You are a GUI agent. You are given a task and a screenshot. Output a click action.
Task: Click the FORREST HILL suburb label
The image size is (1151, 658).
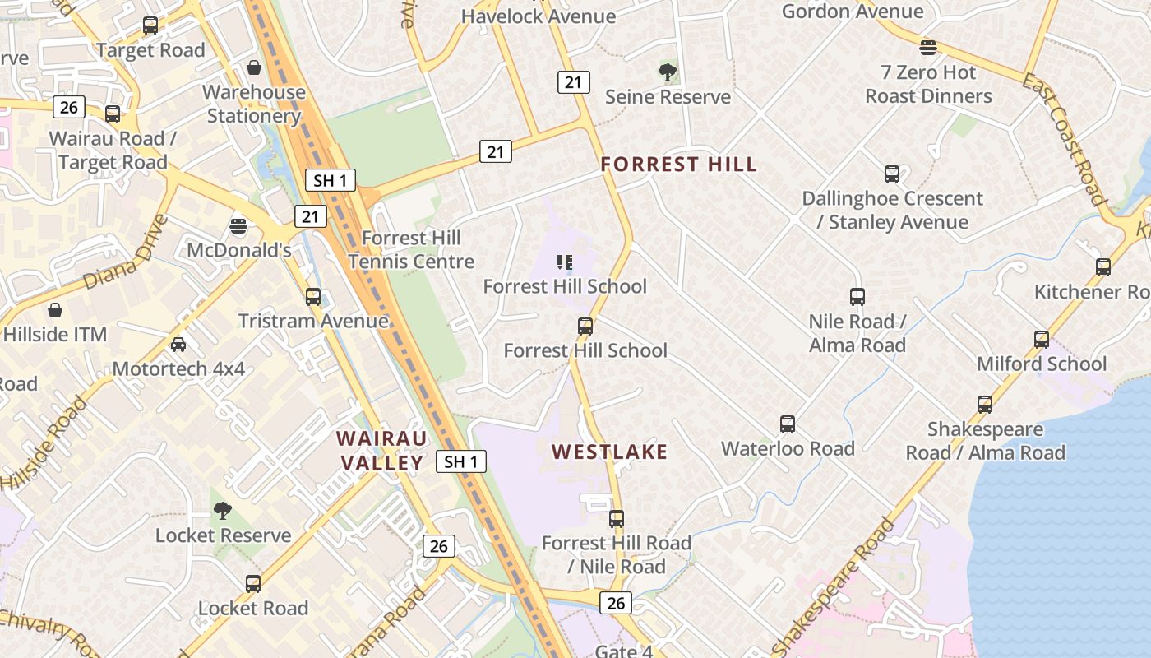pos(678,164)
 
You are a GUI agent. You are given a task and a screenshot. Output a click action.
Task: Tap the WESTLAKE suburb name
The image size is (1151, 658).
pos(609,452)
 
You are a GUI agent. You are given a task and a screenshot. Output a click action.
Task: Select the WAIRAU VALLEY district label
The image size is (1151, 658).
pos(381,450)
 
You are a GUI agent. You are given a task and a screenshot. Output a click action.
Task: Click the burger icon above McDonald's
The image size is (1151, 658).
pos(238,225)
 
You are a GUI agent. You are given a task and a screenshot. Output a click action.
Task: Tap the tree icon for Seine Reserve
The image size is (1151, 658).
pos(668,72)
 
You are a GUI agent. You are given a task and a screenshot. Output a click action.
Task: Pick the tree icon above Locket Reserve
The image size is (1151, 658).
pos(222,511)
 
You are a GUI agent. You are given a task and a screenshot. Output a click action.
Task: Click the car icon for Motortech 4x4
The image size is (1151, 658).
pos(178,345)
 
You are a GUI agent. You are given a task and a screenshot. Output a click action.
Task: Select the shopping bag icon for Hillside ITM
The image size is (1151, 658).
pos(54,310)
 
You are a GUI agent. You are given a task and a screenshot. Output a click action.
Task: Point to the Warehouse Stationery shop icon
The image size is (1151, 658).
pos(254,67)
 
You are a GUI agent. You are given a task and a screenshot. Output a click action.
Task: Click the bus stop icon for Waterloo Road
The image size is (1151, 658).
pos(788,424)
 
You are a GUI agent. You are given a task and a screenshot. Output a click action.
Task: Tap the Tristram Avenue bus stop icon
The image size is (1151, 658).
pos(312,297)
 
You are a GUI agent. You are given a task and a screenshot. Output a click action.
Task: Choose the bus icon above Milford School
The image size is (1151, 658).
pos(1041,340)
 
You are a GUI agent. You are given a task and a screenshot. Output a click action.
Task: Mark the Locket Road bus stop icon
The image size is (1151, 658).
pos(253,584)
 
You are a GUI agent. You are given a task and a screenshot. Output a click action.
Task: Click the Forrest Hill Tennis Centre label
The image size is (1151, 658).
pos(411,249)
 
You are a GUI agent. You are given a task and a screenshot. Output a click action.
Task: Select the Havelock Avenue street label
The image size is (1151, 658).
pos(539,16)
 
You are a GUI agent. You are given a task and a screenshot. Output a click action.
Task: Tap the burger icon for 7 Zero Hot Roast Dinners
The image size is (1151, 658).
pos(928,48)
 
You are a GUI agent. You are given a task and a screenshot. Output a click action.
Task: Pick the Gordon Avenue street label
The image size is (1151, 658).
pos(853,12)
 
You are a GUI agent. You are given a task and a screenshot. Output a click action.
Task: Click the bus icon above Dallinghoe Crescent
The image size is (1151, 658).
pos(892,174)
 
